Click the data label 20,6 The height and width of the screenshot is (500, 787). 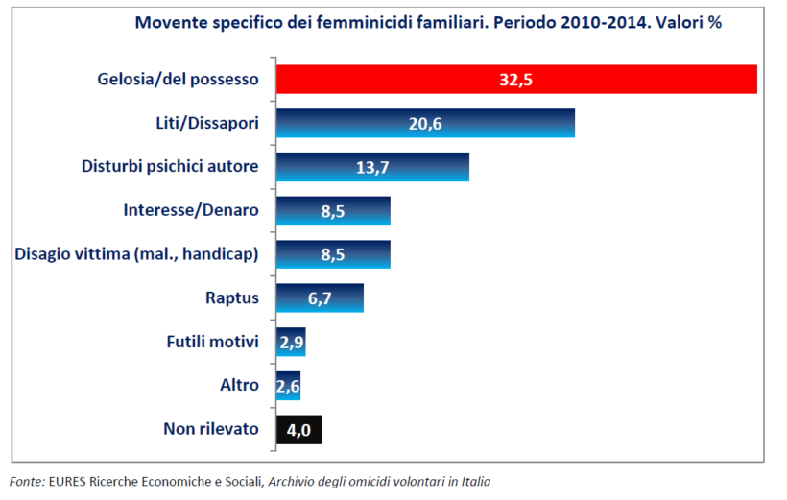click(423, 123)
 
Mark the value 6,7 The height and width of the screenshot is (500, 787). click(320, 298)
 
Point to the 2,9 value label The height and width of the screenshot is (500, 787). click(291, 342)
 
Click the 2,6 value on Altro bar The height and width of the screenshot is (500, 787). click(288, 385)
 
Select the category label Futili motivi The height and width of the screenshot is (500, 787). click(212, 342)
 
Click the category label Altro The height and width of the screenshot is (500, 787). click(239, 385)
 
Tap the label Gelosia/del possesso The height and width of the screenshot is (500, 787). click(179, 80)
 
